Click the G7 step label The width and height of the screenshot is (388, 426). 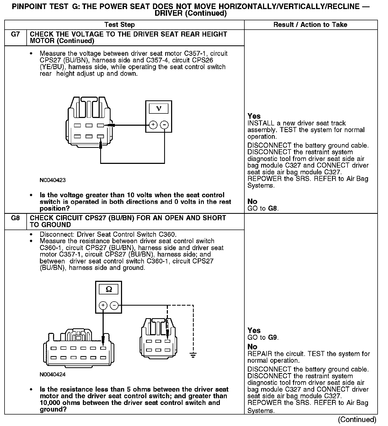coord(15,34)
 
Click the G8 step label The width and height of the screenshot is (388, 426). coord(15,218)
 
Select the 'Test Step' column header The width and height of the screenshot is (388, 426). coord(119,25)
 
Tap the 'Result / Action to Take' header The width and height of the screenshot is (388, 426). coord(310,25)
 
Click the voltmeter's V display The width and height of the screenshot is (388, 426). coord(159,108)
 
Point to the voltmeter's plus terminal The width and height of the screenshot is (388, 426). coord(153,125)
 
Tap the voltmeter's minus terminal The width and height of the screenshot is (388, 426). coord(165,125)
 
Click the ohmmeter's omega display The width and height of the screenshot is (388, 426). coord(109,289)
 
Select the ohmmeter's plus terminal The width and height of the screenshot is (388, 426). coord(103,305)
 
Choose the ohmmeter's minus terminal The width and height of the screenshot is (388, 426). coord(115,305)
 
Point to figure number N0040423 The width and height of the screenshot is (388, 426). coord(52,180)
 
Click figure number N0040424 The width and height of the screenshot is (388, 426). coord(52,374)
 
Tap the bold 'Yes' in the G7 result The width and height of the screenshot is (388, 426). coord(254,116)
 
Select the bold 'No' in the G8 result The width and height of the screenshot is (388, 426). coord(252,347)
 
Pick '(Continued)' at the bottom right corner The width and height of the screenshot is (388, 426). coord(357,420)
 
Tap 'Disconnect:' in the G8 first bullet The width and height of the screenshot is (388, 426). coord(57,235)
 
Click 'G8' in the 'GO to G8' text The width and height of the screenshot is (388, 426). coord(273,208)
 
